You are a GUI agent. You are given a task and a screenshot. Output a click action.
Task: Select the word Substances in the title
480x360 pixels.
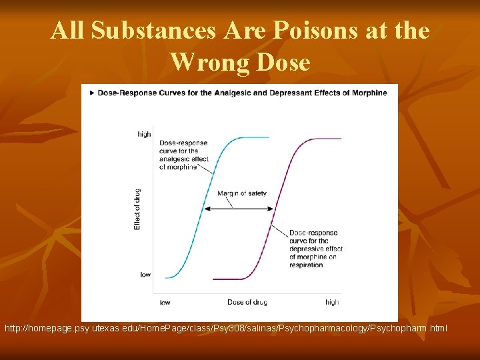point(161,31)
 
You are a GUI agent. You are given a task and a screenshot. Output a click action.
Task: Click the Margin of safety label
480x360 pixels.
point(242,193)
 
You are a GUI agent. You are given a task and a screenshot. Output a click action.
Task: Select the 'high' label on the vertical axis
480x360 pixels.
point(144,134)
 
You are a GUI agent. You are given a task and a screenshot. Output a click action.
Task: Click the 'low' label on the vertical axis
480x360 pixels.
point(145,275)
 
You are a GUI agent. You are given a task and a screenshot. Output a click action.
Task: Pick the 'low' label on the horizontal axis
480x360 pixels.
point(165,302)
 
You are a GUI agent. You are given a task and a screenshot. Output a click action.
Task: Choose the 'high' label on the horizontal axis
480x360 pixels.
point(332,302)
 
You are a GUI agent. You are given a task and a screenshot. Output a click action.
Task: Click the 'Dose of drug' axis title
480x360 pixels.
point(247,302)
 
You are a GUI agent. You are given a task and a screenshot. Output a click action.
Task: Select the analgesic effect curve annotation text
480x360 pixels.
point(183,155)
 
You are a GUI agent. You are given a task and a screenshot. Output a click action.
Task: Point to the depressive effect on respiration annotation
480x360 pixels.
point(315,249)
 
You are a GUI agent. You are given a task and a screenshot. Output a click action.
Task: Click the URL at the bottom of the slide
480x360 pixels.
point(226,329)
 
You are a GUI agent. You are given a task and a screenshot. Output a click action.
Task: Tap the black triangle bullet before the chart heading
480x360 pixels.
point(91,93)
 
